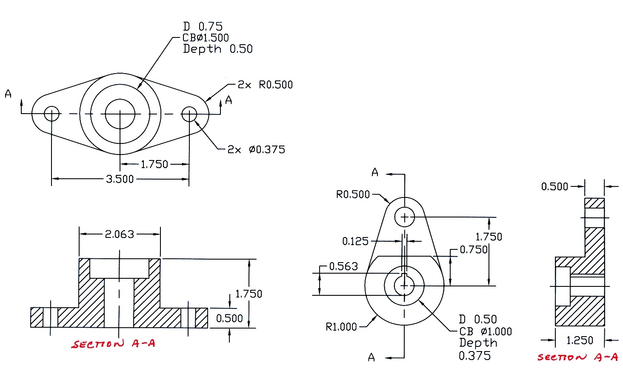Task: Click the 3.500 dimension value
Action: point(120,179)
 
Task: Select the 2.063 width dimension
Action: point(120,234)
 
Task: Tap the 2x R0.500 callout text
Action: point(265,85)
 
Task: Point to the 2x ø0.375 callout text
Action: point(256,149)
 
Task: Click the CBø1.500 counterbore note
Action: point(206,38)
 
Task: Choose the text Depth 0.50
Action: point(217,49)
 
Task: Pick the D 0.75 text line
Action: point(203,26)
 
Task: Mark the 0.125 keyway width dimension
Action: point(355,242)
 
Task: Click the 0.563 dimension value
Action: point(343,266)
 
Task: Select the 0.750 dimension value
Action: point(474,250)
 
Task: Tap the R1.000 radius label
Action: point(341,327)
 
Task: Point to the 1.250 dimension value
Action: point(579,340)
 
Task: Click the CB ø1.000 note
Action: point(486,332)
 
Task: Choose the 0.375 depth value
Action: point(474,356)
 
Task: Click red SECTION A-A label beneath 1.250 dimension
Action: point(577,357)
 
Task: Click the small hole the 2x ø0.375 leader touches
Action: point(189,114)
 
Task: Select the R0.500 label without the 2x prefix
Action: point(353,194)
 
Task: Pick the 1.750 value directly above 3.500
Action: point(154,164)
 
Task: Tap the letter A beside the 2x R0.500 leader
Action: point(229,100)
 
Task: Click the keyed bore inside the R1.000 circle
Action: point(404,286)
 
